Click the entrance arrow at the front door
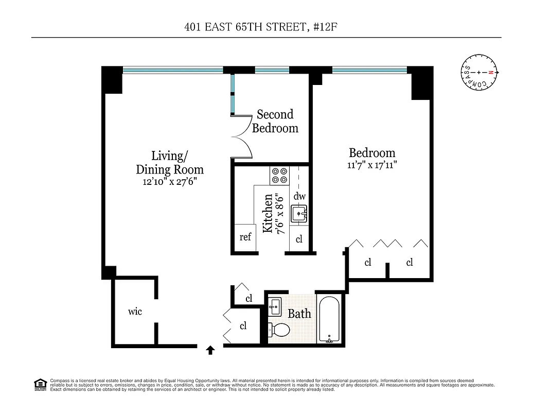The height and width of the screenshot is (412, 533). click(210, 351)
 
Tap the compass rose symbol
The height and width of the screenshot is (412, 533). click(478, 73)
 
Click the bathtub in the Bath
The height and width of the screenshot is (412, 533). click(329, 319)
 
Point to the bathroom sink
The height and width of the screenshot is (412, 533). click(275, 306)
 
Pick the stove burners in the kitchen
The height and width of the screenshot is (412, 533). click(279, 176)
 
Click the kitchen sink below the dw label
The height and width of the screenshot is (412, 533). click(299, 213)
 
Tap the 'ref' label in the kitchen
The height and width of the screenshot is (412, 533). click(245, 237)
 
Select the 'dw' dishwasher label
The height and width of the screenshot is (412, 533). click(299, 196)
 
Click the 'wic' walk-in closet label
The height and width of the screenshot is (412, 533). click(135, 312)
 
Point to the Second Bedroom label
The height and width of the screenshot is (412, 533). click(275, 122)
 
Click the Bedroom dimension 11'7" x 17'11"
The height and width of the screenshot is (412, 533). click(372, 165)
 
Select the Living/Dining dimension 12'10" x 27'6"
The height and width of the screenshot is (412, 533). click(170, 182)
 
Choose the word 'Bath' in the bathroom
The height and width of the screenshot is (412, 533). click(299, 313)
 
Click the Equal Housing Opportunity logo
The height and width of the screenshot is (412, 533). click(40, 385)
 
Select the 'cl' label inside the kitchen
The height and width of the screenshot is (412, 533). click(299, 239)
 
